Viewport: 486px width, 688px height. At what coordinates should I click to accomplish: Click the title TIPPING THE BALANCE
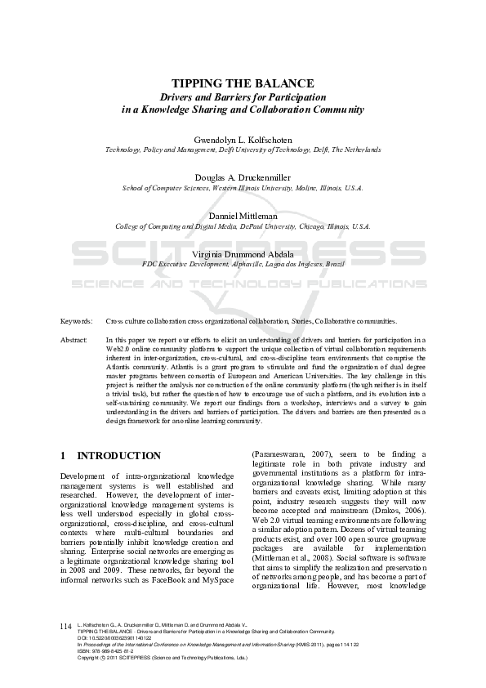tap(243, 83)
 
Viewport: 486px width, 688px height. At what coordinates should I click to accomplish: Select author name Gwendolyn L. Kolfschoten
tap(243, 140)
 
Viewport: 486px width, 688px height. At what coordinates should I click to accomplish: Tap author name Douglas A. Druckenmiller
tap(243, 177)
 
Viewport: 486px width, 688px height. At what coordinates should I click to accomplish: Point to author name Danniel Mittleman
tap(243, 216)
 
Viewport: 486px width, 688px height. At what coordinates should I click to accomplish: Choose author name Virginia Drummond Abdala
tap(243, 254)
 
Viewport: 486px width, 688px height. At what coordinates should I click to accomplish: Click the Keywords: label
tap(77, 321)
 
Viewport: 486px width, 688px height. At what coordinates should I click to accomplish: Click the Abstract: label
tap(74, 338)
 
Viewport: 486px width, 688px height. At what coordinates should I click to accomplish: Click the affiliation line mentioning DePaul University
tap(243, 226)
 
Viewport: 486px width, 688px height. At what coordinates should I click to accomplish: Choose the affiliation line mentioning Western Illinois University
tap(243, 188)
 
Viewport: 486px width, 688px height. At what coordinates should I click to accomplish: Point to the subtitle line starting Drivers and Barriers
tap(243, 96)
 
